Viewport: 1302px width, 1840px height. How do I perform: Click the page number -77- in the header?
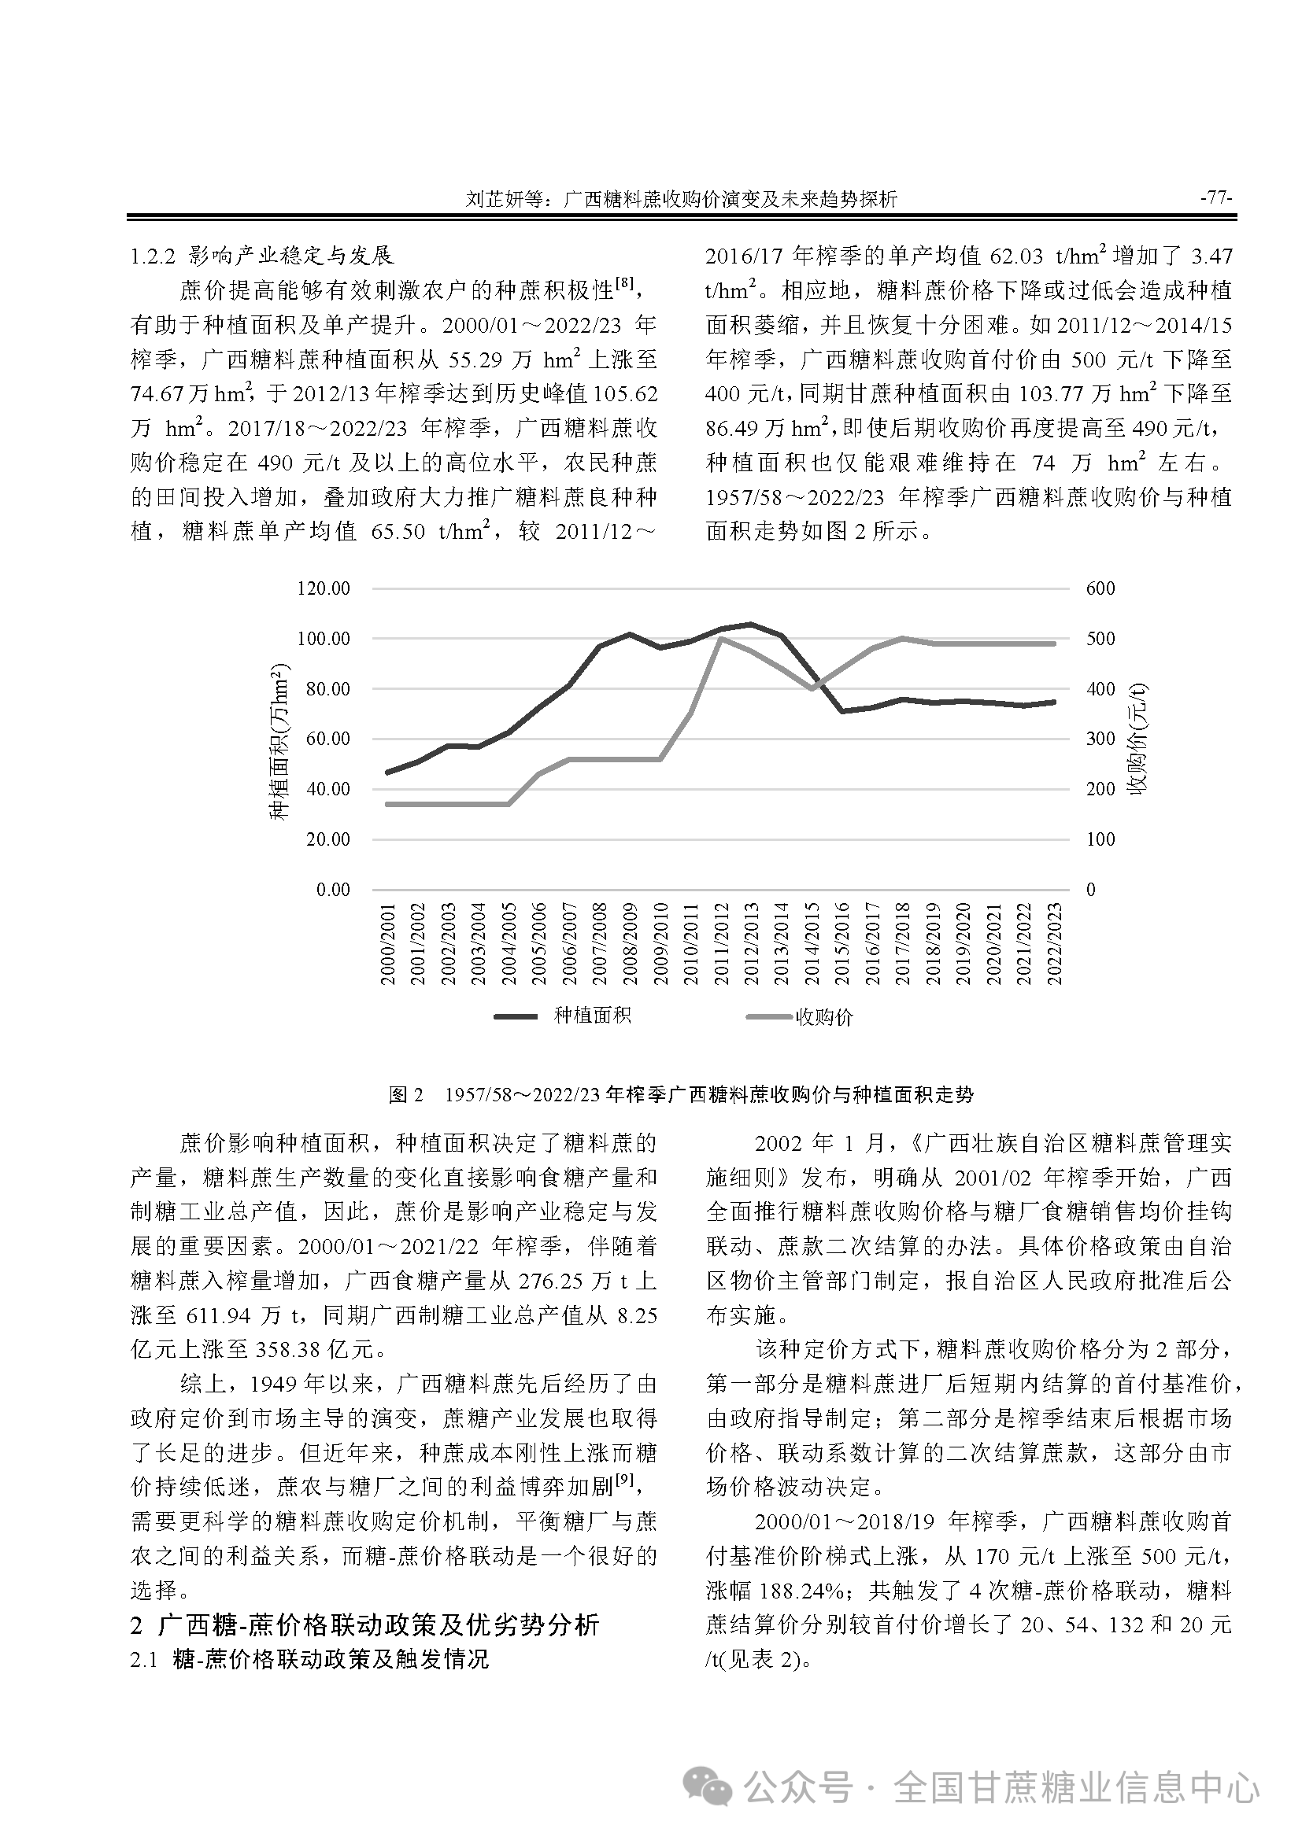tap(1215, 198)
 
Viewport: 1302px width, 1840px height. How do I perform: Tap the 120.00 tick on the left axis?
tap(323, 589)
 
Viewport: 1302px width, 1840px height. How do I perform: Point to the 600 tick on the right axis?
tap(1100, 589)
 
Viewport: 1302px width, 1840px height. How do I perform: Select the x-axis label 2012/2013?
tap(751, 944)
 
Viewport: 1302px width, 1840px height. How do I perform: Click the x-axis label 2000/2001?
tap(388, 944)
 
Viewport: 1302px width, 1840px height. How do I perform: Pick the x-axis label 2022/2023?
tap(1054, 944)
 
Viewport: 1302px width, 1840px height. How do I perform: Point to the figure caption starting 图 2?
tap(681, 1095)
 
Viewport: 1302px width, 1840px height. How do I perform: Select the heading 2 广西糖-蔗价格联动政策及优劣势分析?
tap(364, 1625)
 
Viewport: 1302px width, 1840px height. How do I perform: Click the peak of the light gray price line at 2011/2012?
tap(721, 639)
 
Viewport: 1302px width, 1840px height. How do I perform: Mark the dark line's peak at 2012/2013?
tap(750, 625)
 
